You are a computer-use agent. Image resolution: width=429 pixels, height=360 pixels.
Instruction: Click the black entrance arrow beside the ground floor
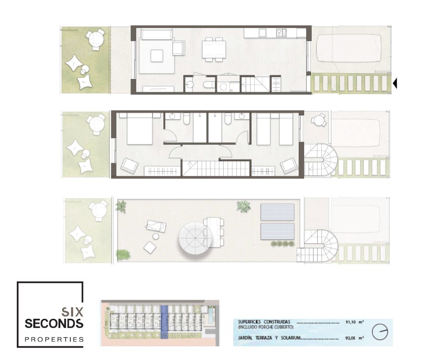click(x=395, y=83)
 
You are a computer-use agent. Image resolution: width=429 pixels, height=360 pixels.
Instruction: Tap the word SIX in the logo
click(x=72, y=312)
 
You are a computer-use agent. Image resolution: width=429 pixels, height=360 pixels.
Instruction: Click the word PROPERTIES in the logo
click(x=54, y=339)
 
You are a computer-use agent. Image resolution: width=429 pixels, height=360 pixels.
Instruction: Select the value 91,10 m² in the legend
click(x=355, y=322)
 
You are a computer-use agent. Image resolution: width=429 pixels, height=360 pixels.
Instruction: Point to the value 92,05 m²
click(x=355, y=338)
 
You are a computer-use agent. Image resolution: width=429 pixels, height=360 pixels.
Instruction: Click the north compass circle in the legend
click(x=380, y=332)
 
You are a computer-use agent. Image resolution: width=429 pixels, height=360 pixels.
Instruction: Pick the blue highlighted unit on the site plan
click(x=164, y=322)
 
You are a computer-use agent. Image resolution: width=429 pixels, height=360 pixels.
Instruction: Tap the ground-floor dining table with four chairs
click(x=214, y=50)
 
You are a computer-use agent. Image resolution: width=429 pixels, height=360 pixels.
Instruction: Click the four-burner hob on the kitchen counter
click(x=282, y=33)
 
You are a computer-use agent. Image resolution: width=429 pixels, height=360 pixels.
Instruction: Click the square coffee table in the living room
click(x=157, y=56)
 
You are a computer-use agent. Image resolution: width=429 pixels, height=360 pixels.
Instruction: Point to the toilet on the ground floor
click(x=209, y=85)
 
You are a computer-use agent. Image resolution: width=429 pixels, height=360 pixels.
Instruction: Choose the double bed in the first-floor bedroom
click(x=140, y=129)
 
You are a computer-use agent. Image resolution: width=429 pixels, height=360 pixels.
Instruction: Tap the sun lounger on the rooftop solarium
click(x=156, y=227)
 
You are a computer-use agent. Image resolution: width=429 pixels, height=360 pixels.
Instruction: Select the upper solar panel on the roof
click(x=277, y=212)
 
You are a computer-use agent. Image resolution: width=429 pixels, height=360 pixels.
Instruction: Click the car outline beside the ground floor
click(x=349, y=48)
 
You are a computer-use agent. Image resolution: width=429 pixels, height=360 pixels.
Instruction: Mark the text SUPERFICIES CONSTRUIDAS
click(x=264, y=322)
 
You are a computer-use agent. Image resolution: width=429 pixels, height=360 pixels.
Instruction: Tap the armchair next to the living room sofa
click(x=178, y=48)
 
